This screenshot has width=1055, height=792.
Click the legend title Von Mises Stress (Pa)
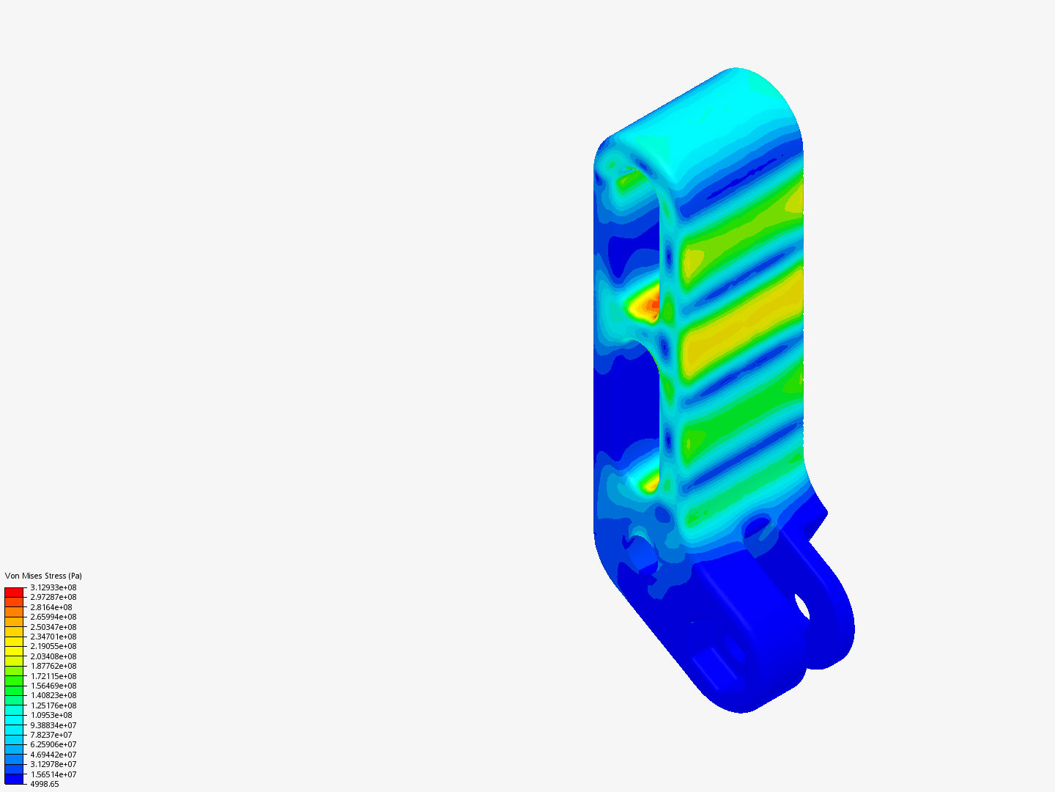click(43, 576)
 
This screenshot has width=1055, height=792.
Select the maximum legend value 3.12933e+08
click(53, 587)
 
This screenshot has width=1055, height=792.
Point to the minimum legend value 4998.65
click(44, 784)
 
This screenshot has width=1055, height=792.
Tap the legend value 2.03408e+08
click(53, 656)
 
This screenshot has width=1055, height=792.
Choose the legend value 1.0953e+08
click(51, 715)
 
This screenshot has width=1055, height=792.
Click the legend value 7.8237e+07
click(51, 735)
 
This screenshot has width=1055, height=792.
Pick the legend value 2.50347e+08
click(53, 627)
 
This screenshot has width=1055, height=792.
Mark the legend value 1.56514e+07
click(53, 774)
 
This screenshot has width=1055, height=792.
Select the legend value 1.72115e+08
click(53, 676)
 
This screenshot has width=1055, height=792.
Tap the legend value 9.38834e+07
click(53, 725)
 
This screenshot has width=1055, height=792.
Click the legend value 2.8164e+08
click(51, 607)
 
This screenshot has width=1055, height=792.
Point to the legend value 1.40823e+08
click(53, 695)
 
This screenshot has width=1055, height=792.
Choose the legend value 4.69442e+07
click(53, 755)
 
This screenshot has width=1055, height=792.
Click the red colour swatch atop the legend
click(14, 592)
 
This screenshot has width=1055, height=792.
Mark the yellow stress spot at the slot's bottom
click(650, 483)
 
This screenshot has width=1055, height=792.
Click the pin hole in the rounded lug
click(802, 607)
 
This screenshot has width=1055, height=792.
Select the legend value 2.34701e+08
click(53, 637)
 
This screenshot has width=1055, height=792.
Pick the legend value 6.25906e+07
click(53, 744)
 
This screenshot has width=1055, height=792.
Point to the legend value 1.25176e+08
click(53, 705)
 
